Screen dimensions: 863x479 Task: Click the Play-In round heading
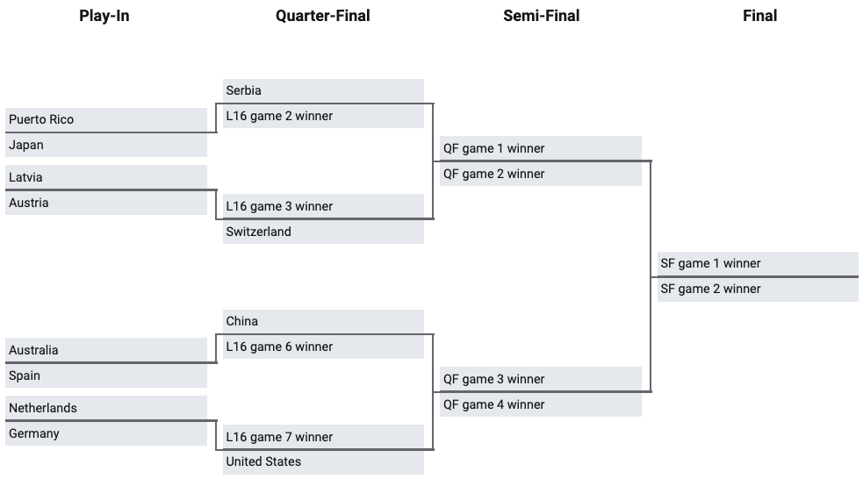[x=104, y=16]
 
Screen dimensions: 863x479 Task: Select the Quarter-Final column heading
[x=322, y=16]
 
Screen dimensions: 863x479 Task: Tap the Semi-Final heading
[x=541, y=16]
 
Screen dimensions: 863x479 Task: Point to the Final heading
[x=759, y=16]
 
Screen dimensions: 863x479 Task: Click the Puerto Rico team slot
[x=106, y=119]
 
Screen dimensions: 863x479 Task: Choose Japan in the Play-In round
[x=106, y=145]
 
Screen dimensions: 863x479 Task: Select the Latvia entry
[x=106, y=177]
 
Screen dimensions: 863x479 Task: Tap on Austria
[x=106, y=203]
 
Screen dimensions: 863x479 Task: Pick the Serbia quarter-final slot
[x=324, y=90]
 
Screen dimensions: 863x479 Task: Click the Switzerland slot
[x=324, y=232]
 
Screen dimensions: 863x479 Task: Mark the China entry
[x=324, y=321]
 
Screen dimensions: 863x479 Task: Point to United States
[x=324, y=462]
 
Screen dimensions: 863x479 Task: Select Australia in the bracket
[x=106, y=350]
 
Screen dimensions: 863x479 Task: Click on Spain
[x=106, y=375]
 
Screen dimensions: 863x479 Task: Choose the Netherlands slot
[x=106, y=408]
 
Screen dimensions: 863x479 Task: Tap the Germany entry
[x=106, y=433]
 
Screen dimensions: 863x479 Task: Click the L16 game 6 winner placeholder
[x=324, y=347]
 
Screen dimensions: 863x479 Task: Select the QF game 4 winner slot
[x=541, y=404]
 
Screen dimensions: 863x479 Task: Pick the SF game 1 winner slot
[x=758, y=263]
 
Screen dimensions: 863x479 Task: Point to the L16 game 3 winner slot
[x=324, y=206]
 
